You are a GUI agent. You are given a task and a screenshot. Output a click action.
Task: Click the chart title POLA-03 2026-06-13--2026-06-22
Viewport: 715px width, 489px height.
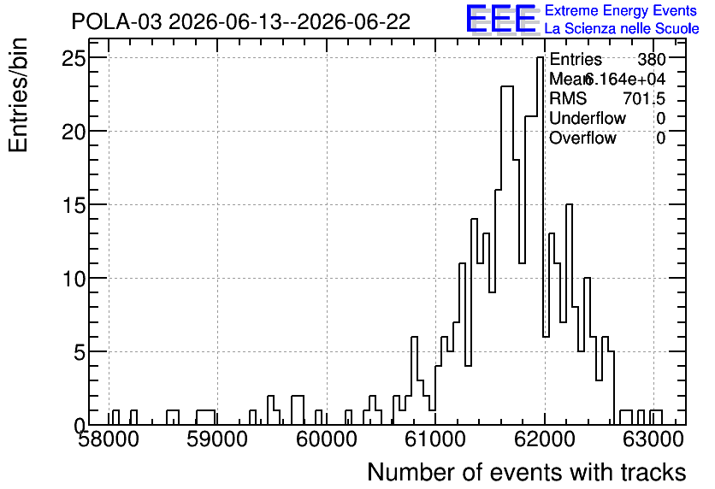(241, 22)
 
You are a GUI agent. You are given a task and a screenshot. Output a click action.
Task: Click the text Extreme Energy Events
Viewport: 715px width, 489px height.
(621, 10)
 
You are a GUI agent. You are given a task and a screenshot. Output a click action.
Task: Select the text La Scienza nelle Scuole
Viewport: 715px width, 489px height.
(622, 29)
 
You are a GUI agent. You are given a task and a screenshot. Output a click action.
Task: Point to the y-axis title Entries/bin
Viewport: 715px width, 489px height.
(18, 95)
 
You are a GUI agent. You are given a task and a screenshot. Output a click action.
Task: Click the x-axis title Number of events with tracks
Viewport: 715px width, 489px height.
(527, 472)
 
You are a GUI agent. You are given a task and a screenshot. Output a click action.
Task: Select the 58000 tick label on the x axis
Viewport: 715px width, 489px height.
(109, 439)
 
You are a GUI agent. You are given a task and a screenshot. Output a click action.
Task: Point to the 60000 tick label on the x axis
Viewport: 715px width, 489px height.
(327, 439)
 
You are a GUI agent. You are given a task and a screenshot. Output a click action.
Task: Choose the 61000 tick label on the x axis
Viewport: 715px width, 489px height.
(435, 439)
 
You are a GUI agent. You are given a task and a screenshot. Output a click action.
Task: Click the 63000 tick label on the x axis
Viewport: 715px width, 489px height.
(653, 439)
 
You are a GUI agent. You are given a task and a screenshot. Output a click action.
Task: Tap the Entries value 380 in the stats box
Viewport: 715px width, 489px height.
(652, 59)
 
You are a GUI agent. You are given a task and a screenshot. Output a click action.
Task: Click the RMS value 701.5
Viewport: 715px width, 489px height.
(644, 98)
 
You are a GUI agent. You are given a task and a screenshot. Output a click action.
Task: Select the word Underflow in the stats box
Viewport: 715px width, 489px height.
(588, 118)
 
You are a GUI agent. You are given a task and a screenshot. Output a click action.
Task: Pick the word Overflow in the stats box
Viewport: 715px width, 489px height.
(582, 138)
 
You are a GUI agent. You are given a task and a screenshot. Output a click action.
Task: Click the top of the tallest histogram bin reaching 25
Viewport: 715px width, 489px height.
(540, 57)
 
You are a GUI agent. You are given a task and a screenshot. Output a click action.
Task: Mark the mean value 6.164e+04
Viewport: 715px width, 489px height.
(624, 79)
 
